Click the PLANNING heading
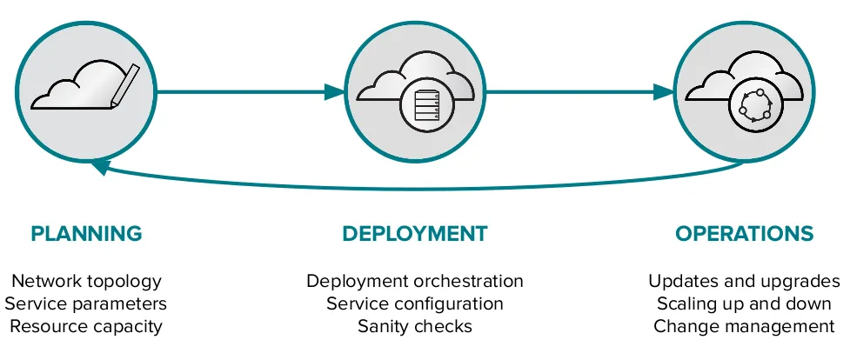[86, 233]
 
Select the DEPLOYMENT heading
[414, 233]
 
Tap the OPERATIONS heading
[744, 233]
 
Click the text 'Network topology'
[86, 281]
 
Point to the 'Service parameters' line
[86, 303]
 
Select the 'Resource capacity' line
[86, 326]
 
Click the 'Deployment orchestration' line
[414, 281]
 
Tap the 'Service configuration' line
[414, 303]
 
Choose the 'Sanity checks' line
[414, 326]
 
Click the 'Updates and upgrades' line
[744, 281]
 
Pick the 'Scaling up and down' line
[744, 303]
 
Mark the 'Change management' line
[744, 326]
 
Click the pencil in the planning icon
[124, 84]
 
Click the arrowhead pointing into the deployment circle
[335, 90]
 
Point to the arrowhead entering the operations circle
[664, 90]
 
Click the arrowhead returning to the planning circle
[101, 165]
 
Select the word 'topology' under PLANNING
[126, 282]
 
